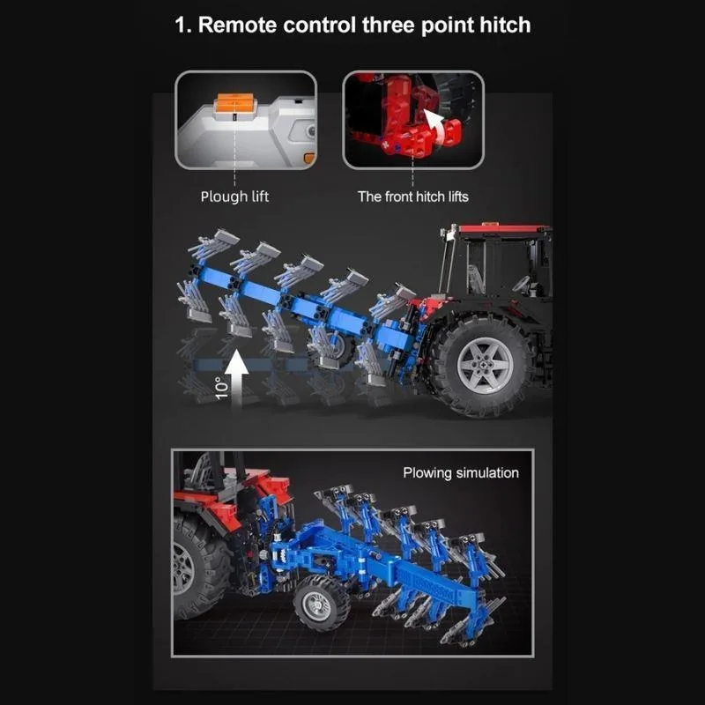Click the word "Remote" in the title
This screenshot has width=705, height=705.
tap(237, 25)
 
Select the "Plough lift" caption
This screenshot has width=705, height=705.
tap(234, 197)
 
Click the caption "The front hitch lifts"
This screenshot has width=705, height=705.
tap(412, 197)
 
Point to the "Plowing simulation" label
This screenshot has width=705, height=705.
tap(461, 473)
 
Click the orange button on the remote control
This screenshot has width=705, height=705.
tap(235, 103)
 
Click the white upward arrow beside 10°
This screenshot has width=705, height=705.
tap(236, 379)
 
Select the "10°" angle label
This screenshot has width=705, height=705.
tap(221, 388)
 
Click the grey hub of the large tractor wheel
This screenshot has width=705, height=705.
tap(485, 365)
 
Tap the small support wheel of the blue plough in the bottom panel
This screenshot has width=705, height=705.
tap(322, 604)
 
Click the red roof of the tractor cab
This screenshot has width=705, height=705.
tap(503, 228)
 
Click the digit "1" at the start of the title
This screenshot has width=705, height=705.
tap(180, 26)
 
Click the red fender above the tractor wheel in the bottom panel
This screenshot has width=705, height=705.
tap(206, 508)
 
